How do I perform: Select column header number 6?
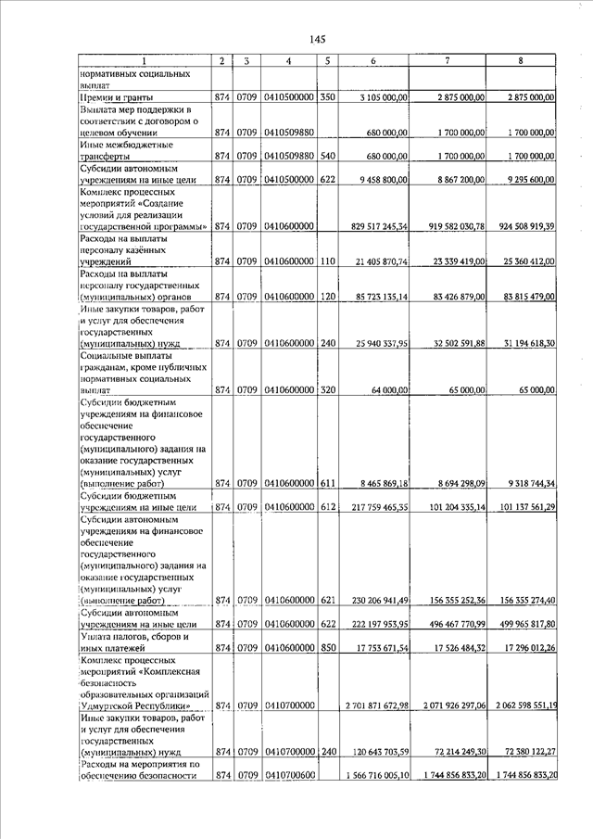click(x=372, y=61)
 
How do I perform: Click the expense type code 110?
click(x=327, y=263)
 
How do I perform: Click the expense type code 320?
click(x=327, y=391)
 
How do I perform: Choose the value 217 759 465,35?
click(x=372, y=508)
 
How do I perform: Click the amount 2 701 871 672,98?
click(x=369, y=706)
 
